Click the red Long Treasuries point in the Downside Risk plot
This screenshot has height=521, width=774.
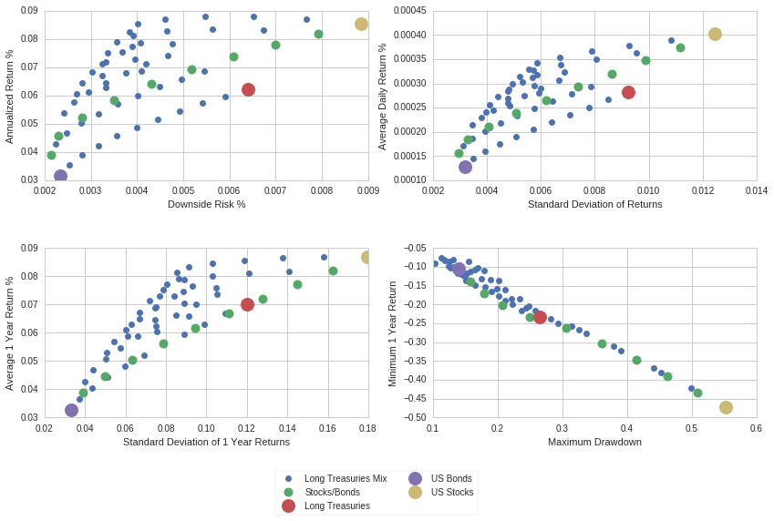click(248, 89)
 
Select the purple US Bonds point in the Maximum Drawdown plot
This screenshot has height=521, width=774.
click(459, 270)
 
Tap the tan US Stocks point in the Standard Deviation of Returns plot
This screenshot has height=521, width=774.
click(715, 34)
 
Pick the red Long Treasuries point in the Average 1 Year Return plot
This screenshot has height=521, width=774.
click(247, 304)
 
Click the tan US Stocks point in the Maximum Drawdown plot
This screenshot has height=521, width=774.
click(726, 407)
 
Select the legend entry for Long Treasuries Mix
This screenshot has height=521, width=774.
click(345, 478)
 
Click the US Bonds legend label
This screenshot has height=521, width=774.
click(451, 478)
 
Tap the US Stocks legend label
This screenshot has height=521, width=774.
click(452, 492)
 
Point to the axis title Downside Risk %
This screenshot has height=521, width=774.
click(206, 204)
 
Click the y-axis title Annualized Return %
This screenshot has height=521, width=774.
click(9, 96)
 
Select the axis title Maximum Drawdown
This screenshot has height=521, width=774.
click(594, 442)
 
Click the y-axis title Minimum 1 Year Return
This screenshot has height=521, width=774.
click(392, 333)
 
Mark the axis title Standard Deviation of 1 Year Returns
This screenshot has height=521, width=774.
click(206, 442)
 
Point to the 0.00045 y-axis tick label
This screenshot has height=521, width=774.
click(407, 11)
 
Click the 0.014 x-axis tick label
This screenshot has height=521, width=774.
click(756, 190)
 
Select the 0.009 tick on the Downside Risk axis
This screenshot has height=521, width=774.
click(367, 190)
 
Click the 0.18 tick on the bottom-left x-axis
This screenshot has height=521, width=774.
click(367, 428)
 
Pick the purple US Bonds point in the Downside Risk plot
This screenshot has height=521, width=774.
click(60, 176)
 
